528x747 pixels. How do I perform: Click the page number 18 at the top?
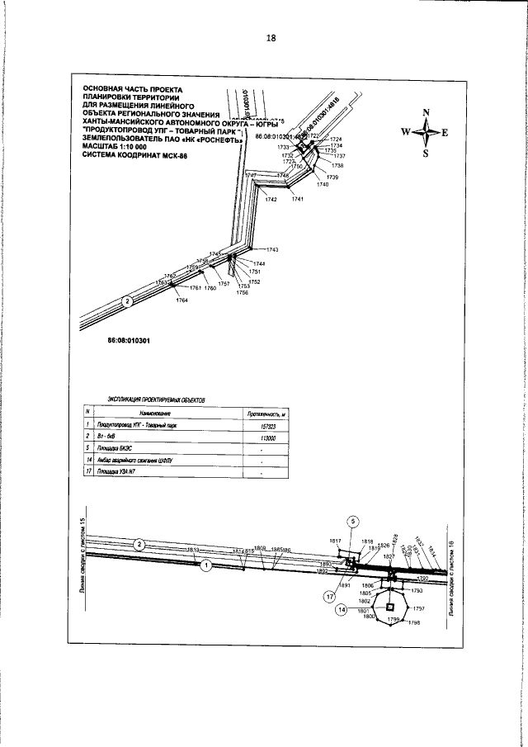pos(271,38)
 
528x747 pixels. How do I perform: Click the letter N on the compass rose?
pos(427,111)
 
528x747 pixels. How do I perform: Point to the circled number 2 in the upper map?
pos(127,301)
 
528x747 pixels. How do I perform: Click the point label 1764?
pos(181,300)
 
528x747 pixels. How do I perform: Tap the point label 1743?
pos(272,249)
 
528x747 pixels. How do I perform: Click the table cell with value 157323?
pos(266,426)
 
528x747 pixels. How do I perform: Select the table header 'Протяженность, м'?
pos(266,412)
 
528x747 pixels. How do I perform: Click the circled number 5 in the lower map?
pos(351,521)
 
